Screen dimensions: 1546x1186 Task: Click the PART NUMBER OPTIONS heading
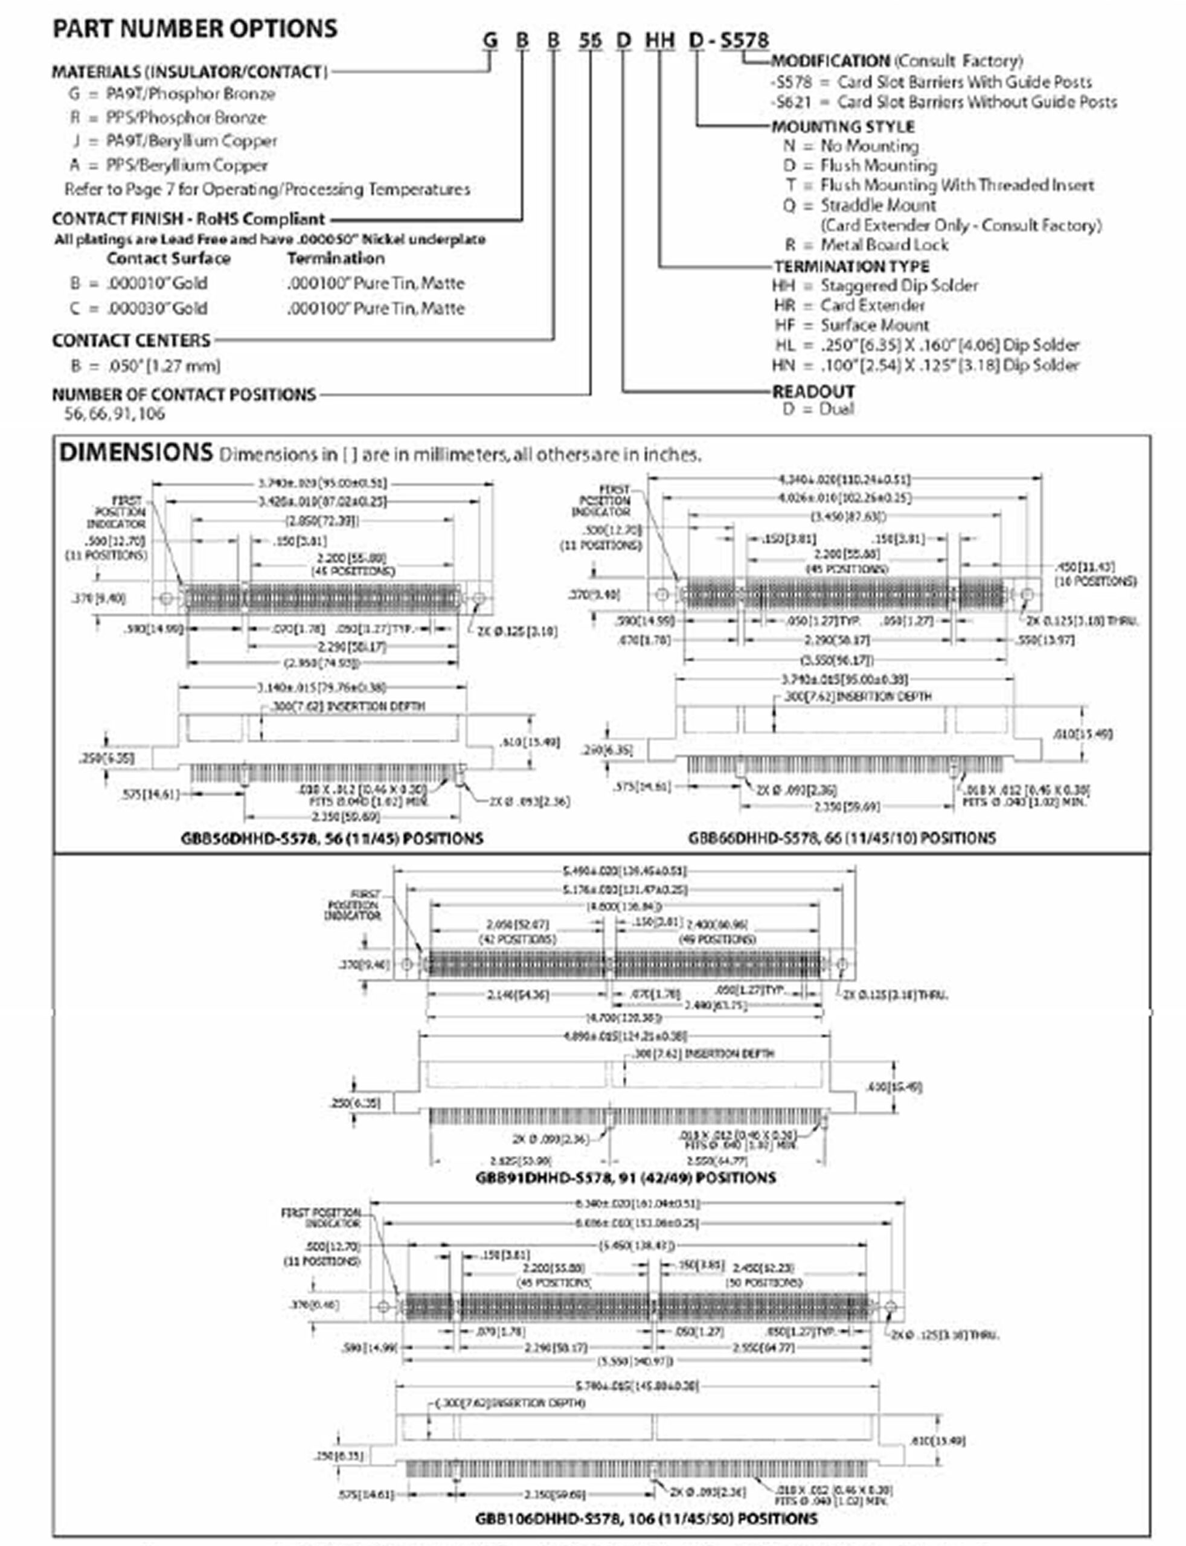pyautogui.click(x=195, y=29)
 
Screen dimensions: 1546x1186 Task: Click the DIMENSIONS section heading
pyautogui.click(x=135, y=452)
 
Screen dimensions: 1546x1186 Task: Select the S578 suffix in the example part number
pyautogui.click(x=744, y=40)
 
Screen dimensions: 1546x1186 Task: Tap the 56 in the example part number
pyautogui.click(x=590, y=40)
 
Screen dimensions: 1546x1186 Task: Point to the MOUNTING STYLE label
pyautogui.click(x=843, y=127)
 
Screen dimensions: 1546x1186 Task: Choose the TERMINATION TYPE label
pyautogui.click(x=851, y=267)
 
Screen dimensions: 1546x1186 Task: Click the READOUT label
pyautogui.click(x=813, y=391)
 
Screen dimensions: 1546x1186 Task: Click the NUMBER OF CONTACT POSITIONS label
pyautogui.click(x=184, y=394)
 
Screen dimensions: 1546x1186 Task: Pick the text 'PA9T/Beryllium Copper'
pyautogui.click(x=191, y=141)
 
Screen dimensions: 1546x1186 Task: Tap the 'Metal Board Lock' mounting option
pyautogui.click(x=884, y=245)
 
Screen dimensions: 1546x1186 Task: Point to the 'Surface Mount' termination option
pyautogui.click(x=874, y=326)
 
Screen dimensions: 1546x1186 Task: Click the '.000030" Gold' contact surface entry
pyautogui.click(x=157, y=309)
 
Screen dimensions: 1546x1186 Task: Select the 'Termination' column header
pyautogui.click(x=336, y=259)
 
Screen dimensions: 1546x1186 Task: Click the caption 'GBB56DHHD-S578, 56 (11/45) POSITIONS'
pyautogui.click(x=332, y=839)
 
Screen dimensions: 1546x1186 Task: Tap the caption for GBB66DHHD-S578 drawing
pyautogui.click(x=842, y=838)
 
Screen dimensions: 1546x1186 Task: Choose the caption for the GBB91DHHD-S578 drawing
pyautogui.click(x=626, y=1178)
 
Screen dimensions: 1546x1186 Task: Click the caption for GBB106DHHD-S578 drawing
pyautogui.click(x=646, y=1518)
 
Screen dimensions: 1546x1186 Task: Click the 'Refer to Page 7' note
pyautogui.click(x=267, y=190)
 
